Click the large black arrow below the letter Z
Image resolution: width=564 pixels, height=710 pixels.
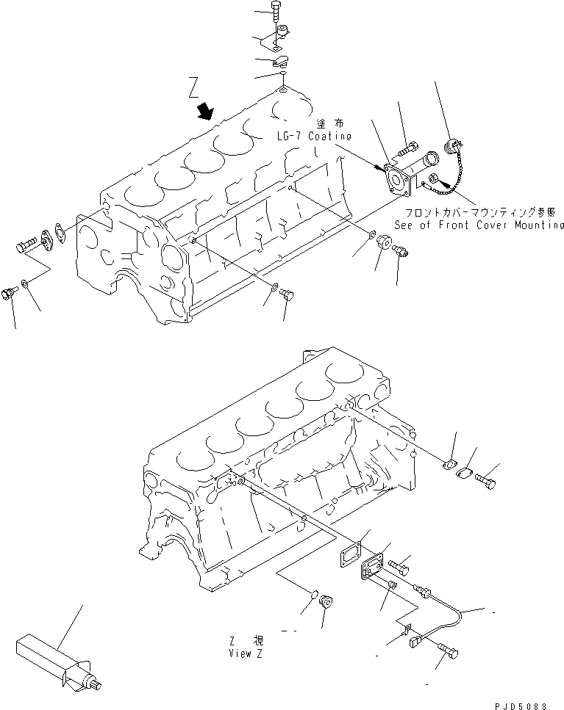pos(205,112)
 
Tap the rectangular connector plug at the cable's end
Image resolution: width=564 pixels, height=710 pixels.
pos(414,640)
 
